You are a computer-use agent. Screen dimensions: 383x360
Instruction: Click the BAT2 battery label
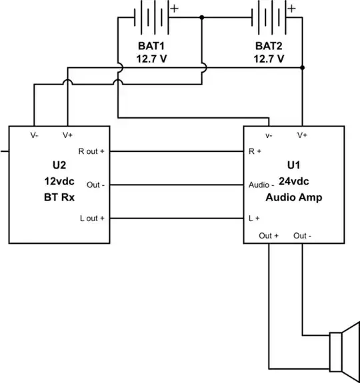[269, 45]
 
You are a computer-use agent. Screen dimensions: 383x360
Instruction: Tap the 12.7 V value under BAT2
[269, 58]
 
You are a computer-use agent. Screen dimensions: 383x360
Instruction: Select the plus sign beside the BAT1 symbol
[175, 9]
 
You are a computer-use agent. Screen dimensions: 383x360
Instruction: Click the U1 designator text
[294, 165]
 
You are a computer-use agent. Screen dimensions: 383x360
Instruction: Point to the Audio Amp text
[294, 198]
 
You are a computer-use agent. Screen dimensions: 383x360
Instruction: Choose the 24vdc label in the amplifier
[294, 181]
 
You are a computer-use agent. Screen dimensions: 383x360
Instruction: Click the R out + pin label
[91, 151]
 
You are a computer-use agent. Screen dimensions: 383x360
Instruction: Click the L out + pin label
[91, 218]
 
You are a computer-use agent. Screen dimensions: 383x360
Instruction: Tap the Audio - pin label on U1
[261, 185]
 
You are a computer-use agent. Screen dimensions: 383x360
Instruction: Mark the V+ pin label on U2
[67, 135]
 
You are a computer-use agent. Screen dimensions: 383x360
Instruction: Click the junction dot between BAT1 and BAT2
[201, 17]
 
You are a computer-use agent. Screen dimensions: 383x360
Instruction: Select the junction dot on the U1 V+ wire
[303, 68]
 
